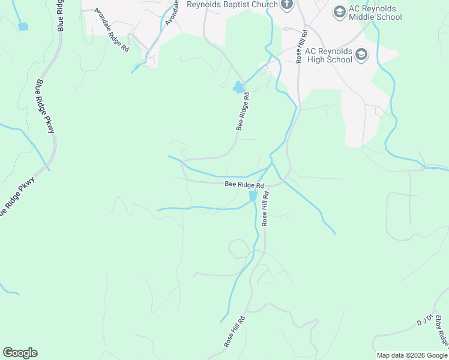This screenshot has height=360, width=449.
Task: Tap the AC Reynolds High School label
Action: pyautogui.click(x=328, y=56)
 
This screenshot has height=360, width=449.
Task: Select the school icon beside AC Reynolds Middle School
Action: pyautogui.click(x=339, y=11)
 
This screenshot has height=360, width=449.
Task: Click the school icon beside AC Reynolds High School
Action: pyautogui.click(x=361, y=56)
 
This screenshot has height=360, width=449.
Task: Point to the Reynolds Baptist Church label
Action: pyautogui.click(x=232, y=4)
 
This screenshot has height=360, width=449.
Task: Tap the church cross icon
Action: pyautogui.click(x=287, y=5)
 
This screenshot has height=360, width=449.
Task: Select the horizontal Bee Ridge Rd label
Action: pyautogui.click(x=244, y=185)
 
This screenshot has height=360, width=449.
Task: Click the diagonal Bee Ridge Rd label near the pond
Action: pyautogui.click(x=243, y=111)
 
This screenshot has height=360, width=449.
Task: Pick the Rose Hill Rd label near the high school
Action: pyautogui.click(x=301, y=46)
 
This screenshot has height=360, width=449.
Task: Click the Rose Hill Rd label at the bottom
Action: pyautogui.click(x=234, y=332)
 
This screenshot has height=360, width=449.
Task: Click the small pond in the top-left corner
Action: pyautogui.click(x=23, y=26)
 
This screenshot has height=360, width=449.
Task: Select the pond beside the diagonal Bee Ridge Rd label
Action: pyautogui.click(x=238, y=88)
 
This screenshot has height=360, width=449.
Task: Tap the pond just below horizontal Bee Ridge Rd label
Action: pyautogui.click(x=253, y=197)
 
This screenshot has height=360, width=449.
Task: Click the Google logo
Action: pyautogui.click(x=20, y=353)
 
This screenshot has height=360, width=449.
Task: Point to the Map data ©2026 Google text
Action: pyautogui.click(x=412, y=355)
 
